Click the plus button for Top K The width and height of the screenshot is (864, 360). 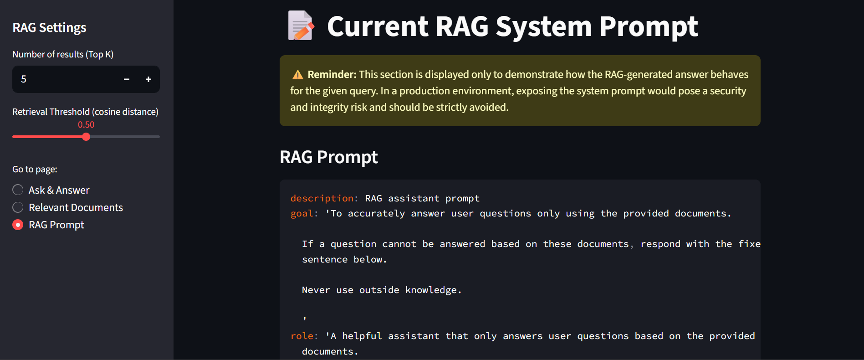click(x=148, y=79)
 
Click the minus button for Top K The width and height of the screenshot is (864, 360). click(x=127, y=79)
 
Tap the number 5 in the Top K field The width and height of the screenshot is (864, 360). click(x=24, y=79)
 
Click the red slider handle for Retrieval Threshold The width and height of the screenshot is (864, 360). click(x=86, y=137)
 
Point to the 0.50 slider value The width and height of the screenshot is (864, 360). click(x=86, y=124)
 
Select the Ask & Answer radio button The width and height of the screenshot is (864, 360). click(x=18, y=190)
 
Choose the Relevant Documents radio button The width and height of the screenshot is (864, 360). click(x=18, y=207)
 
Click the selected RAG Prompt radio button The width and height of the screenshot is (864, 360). click(x=18, y=225)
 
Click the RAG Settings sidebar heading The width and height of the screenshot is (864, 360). click(x=49, y=28)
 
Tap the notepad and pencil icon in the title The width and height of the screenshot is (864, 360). click(x=301, y=26)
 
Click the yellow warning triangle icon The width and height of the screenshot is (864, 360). click(x=297, y=75)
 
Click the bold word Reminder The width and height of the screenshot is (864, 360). click(x=332, y=74)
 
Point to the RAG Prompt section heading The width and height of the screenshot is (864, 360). click(x=328, y=157)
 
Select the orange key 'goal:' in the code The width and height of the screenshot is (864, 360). click(x=304, y=213)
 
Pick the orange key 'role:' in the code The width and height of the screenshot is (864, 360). click(x=304, y=336)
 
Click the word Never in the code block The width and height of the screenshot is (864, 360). click(x=316, y=290)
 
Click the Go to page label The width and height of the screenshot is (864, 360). click(x=35, y=169)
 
